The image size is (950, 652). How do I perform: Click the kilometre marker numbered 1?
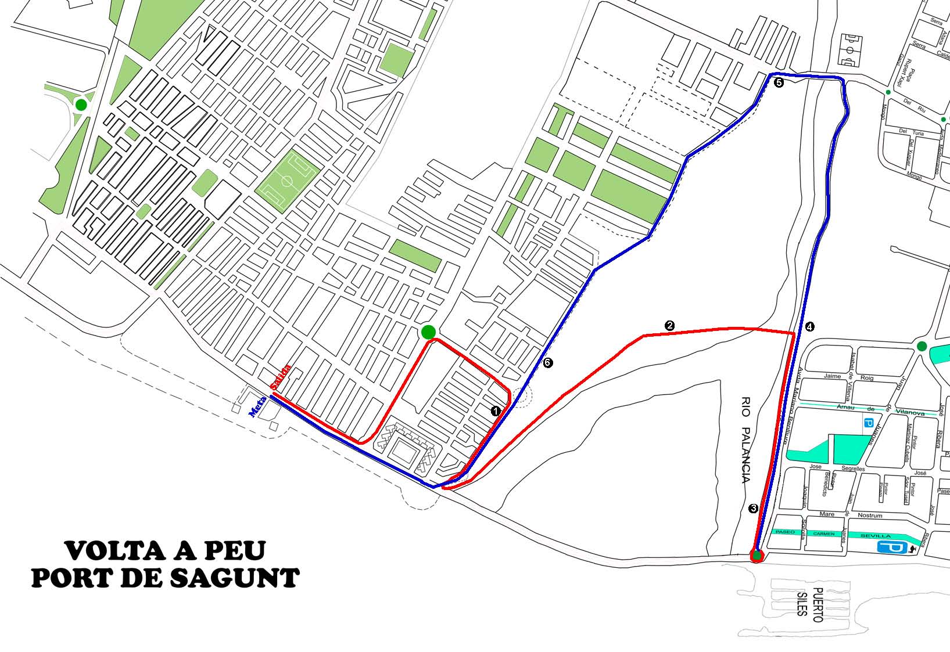point(496,410)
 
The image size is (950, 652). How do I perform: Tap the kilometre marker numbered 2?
point(670,325)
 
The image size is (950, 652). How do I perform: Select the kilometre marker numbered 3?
point(754,509)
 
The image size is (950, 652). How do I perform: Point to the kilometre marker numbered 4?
point(810,327)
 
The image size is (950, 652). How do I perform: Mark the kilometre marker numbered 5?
point(779,83)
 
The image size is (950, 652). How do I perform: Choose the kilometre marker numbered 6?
point(548,363)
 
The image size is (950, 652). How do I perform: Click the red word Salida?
point(281,376)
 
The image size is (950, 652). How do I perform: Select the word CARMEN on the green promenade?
point(824,533)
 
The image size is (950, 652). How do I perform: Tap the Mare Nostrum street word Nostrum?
point(869,515)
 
